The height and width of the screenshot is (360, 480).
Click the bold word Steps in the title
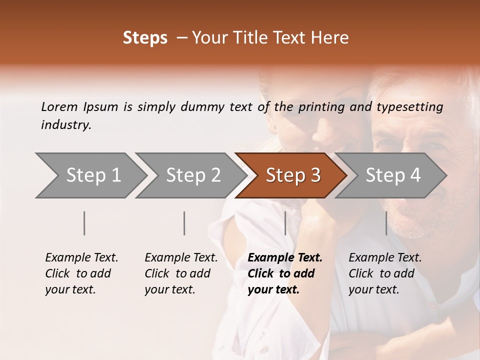click(x=145, y=38)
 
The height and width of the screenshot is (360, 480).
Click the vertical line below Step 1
click(x=84, y=223)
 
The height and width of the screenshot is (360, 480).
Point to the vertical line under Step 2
click(x=184, y=223)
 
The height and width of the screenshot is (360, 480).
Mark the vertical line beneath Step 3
click(x=285, y=223)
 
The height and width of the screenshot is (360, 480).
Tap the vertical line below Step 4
click(x=386, y=223)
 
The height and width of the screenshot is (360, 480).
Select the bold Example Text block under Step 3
click(x=285, y=273)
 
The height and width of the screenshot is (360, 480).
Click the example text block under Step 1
click(x=81, y=273)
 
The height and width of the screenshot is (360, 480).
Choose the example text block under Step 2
click(x=181, y=273)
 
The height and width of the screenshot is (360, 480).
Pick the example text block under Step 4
click(x=385, y=273)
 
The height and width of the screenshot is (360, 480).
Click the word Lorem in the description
click(x=59, y=106)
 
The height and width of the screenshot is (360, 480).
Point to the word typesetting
click(x=409, y=107)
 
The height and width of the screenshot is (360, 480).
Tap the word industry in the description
click(x=65, y=125)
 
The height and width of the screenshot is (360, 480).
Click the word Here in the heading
click(x=331, y=38)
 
